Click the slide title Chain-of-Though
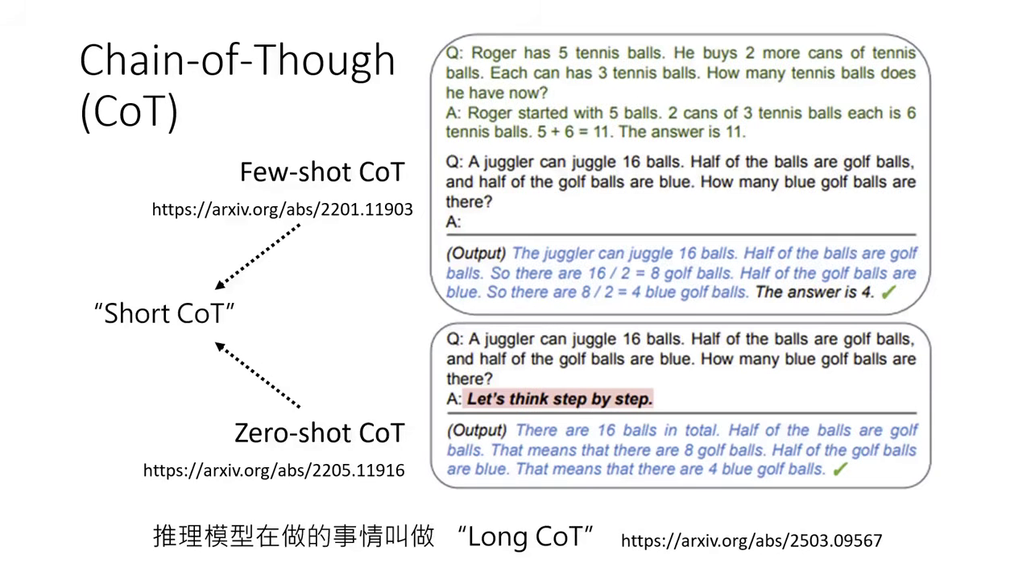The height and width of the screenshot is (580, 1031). coord(238,61)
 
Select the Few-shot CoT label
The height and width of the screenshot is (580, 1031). coord(321,172)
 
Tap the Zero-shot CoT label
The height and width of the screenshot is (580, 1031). coord(319,433)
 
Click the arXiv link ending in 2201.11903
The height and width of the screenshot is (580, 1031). coord(282,209)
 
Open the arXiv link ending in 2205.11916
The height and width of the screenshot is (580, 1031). coord(274,470)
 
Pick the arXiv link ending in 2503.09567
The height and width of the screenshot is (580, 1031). coord(752,540)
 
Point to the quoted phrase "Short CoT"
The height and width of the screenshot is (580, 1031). coord(164,313)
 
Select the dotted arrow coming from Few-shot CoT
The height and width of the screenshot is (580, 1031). coord(258,257)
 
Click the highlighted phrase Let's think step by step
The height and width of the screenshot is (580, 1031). coord(560,399)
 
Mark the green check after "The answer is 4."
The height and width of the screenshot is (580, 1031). coord(888,292)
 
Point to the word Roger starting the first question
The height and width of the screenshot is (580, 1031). coord(493,53)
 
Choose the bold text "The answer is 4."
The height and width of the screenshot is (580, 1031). coord(814,292)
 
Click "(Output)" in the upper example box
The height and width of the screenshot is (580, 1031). coord(477,253)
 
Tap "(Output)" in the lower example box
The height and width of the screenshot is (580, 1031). coord(477,430)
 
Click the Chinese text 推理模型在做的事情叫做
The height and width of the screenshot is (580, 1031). coord(294,536)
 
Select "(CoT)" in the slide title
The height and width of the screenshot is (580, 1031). coord(129,113)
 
